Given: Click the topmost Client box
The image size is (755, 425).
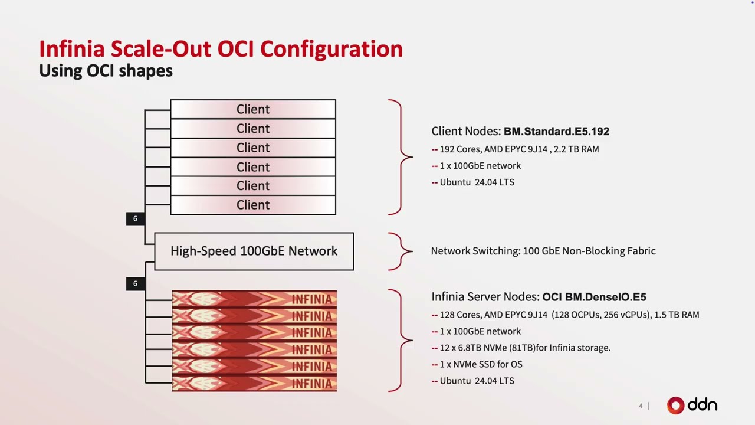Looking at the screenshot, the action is point(253,109).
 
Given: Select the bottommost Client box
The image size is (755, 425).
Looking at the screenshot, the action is point(253,205).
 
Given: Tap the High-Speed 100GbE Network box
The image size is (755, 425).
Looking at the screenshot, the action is point(254,251).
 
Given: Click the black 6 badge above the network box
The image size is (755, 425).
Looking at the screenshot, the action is point(136,219).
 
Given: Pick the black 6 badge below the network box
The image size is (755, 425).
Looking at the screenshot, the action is point(136,284).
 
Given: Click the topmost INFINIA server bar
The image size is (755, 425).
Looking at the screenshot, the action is point(254,299).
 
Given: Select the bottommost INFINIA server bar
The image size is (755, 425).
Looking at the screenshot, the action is point(254,383).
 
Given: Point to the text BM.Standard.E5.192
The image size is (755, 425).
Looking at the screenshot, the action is point(556,131).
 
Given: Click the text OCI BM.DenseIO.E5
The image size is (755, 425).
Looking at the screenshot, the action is point(594,297).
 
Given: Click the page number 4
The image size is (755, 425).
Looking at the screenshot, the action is point(641,406).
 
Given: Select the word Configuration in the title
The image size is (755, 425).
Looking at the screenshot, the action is point(331,50).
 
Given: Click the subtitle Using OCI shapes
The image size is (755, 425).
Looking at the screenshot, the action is point(106,71).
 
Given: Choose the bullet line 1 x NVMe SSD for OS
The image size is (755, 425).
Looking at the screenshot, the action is point(477,364).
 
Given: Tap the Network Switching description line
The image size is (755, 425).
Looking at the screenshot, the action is point(543,251).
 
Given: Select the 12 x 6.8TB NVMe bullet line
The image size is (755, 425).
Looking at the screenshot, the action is point(521,348).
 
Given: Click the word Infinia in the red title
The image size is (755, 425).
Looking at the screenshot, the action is point(72,49).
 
